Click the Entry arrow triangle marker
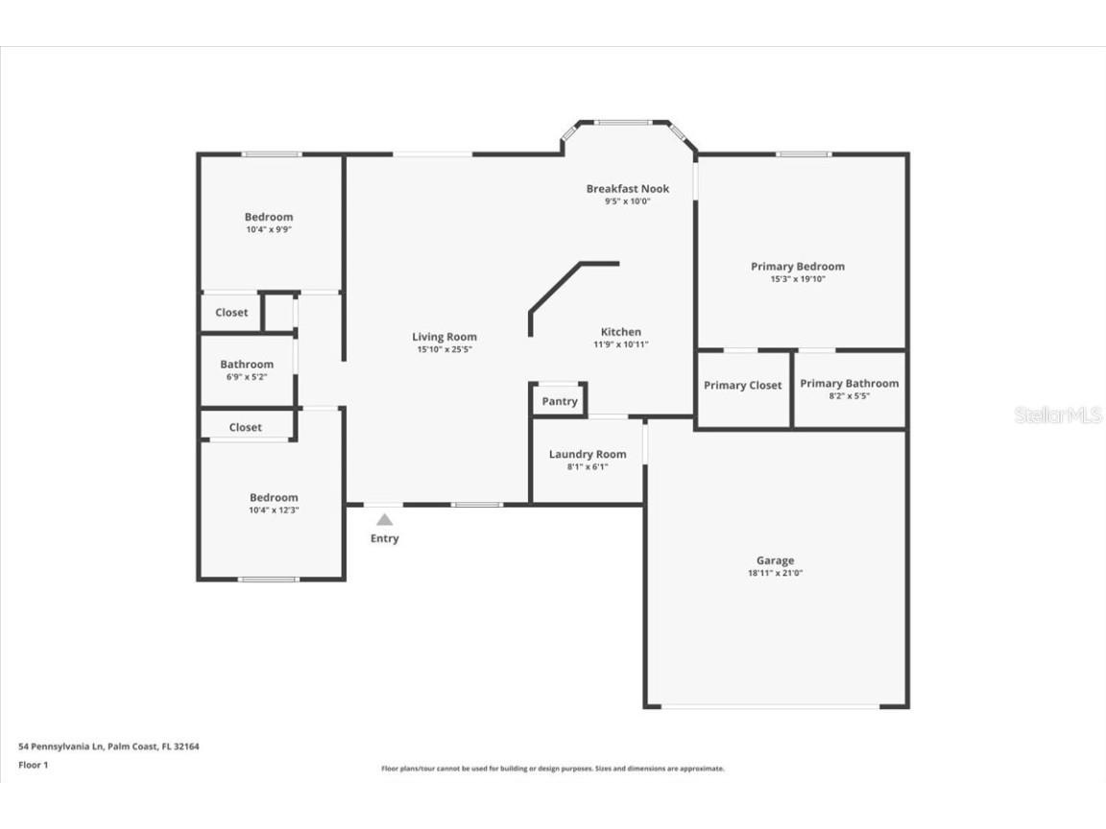click(x=384, y=519)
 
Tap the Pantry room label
click(x=560, y=401)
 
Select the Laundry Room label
click(x=588, y=454)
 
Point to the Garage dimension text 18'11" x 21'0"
click(x=775, y=573)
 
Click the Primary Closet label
click(x=742, y=385)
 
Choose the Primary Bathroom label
click(x=849, y=383)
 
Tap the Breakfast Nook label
click(x=628, y=188)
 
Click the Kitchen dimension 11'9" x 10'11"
click(x=621, y=344)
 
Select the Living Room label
click(x=445, y=337)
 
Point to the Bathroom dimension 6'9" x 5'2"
click(x=247, y=377)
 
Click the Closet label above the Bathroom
click(x=231, y=312)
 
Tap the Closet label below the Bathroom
click(x=245, y=427)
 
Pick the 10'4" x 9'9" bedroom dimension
click(x=269, y=229)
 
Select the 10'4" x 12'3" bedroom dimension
click(x=274, y=509)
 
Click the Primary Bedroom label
click(x=797, y=266)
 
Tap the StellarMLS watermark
click(x=1058, y=415)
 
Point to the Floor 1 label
click(x=33, y=765)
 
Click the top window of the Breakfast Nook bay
click(x=622, y=122)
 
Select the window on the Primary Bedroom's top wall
click(x=804, y=154)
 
